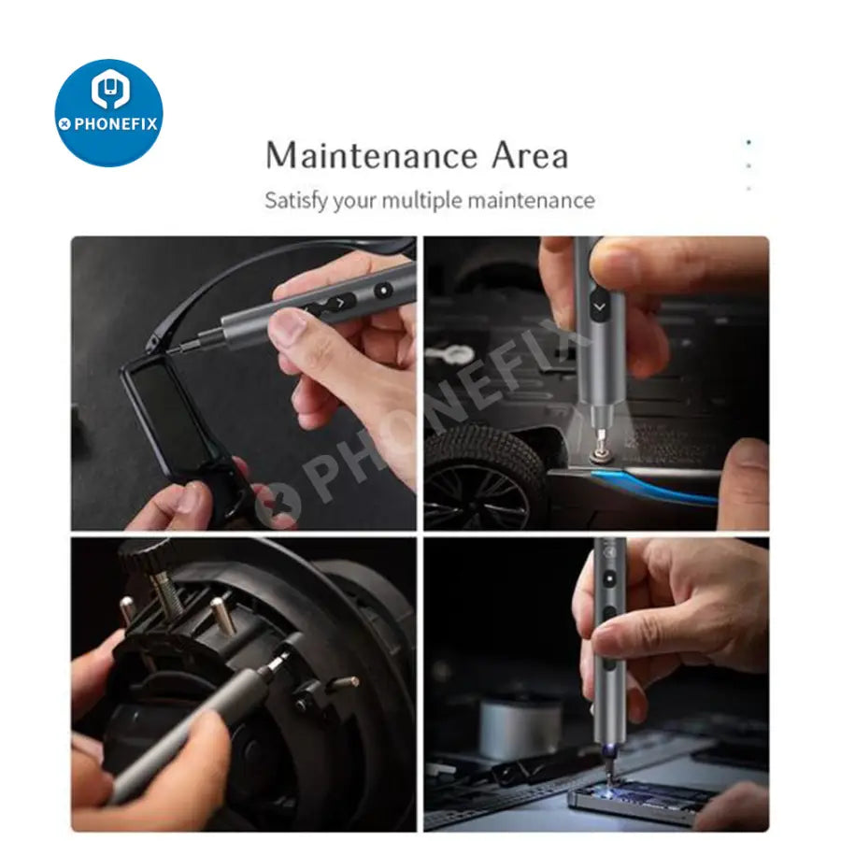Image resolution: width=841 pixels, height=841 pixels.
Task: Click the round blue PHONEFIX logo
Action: (109, 113)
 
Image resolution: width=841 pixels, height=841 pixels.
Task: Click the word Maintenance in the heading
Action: (371, 155)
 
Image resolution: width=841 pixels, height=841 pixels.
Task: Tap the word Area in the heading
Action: (530, 155)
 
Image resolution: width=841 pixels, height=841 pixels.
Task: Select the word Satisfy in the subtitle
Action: (295, 201)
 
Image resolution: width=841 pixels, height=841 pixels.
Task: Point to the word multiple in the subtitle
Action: (421, 201)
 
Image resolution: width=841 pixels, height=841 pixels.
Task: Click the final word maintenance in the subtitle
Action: (531, 201)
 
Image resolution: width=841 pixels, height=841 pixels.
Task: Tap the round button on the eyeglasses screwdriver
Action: (383, 291)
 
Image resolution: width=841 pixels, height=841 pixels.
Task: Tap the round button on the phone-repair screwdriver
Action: (610, 579)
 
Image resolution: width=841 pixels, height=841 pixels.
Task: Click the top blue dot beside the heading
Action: (748, 143)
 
